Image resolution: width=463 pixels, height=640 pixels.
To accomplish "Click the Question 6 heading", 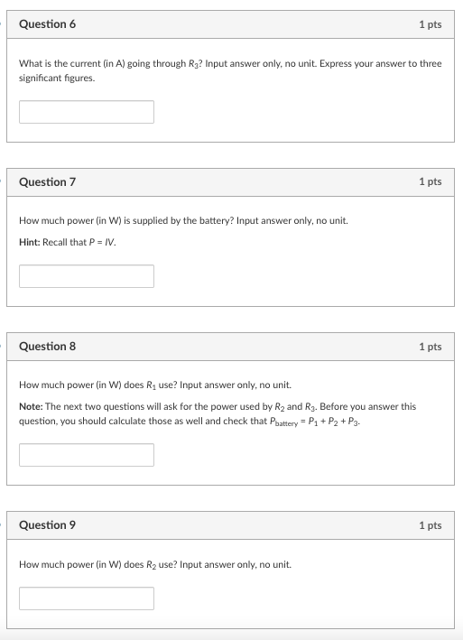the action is [x=47, y=24].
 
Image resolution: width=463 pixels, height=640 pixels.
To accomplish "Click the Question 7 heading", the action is [x=47, y=182].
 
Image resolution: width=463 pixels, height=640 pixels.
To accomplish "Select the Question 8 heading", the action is [x=47, y=347].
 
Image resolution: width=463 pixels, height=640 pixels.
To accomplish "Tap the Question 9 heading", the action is [x=47, y=525].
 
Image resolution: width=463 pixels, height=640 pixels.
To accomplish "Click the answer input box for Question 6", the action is [x=87, y=112].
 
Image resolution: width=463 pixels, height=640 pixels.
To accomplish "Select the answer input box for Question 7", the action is [x=87, y=276].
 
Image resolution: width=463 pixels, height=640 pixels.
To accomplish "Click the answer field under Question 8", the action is [x=87, y=455].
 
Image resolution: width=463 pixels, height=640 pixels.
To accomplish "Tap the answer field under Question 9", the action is [x=87, y=598].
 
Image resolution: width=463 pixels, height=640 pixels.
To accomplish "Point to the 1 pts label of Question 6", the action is [x=430, y=24].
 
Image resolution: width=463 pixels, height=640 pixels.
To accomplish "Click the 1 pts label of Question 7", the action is [x=430, y=182].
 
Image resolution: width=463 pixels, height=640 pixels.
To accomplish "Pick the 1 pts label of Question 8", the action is [x=430, y=347].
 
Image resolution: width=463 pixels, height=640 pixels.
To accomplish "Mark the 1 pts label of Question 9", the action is [x=430, y=525].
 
